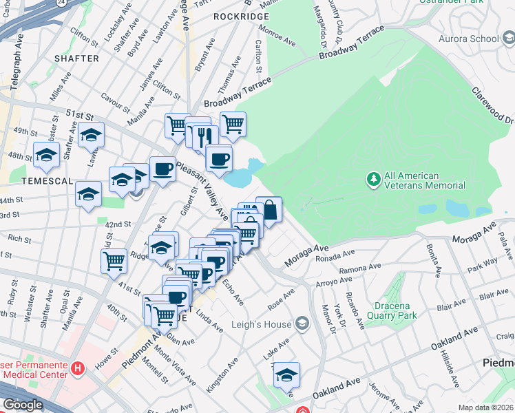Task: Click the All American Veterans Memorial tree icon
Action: (x=374, y=180)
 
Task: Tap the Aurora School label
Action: (x=468, y=39)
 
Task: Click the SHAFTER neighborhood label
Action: (x=76, y=59)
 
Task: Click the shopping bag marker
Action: (x=269, y=209)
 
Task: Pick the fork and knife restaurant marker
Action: (x=204, y=136)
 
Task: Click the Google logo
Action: (x=22, y=405)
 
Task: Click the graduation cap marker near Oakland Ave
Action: (x=286, y=374)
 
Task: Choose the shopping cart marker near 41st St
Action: (x=114, y=260)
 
